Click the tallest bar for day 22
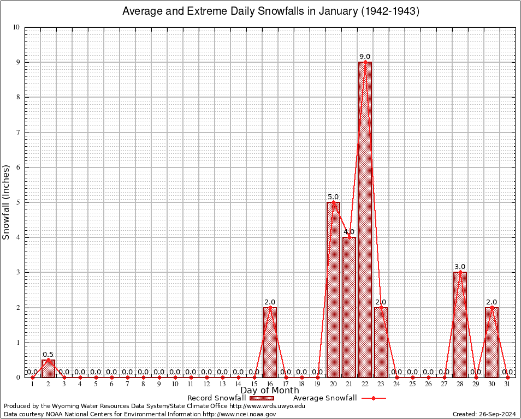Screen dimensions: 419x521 (365, 218)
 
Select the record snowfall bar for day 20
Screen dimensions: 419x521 (333, 289)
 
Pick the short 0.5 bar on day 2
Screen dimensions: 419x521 (48, 369)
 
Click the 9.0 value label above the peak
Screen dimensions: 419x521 (365, 57)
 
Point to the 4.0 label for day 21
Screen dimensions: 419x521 (349, 232)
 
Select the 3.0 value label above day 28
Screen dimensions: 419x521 (460, 267)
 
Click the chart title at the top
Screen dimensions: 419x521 (270, 11)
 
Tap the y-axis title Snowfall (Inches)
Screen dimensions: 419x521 (7, 202)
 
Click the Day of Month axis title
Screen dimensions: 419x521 (270, 390)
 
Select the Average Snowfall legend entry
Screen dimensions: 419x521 (325, 398)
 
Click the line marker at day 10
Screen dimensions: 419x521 (175, 377)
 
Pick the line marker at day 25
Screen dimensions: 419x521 (412, 377)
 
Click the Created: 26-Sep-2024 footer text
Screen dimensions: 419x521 (484, 414)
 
